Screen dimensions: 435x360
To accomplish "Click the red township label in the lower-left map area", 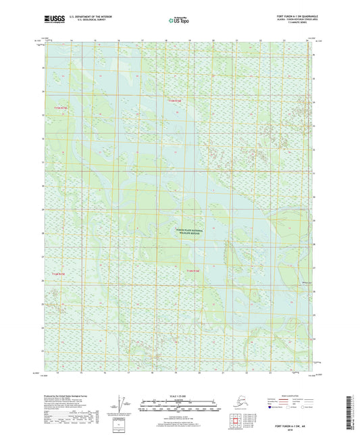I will (x=59, y=274).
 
